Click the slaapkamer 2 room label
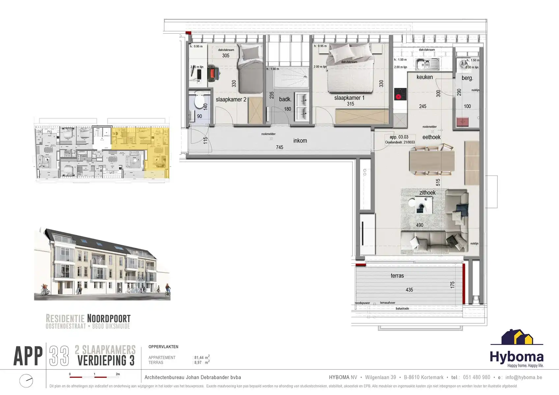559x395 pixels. click(x=231, y=99)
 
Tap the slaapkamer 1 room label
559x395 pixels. click(x=349, y=98)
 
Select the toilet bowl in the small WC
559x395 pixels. click(x=200, y=100)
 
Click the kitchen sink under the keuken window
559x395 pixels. click(x=427, y=64)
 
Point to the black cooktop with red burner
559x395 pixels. click(x=400, y=94)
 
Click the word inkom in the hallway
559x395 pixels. click(x=300, y=141)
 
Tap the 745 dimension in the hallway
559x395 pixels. click(x=279, y=147)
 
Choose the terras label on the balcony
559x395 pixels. click(x=397, y=276)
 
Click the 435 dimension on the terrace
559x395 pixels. click(x=409, y=290)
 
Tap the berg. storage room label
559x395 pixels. click(x=467, y=78)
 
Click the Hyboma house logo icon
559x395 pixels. click(x=517, y=338)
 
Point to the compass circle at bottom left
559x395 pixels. click(x=26, y=381)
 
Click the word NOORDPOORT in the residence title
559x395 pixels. click(x=109, y=318)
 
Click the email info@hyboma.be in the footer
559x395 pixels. click(x=523, y=377)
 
